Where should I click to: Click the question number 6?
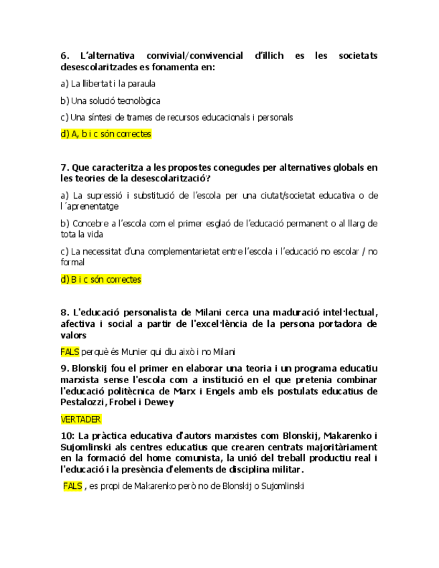point(64,56)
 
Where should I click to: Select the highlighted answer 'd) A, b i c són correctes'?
point(106,134)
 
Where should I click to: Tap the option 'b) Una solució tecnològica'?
point(110,100)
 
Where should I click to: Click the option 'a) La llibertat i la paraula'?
point(108,84)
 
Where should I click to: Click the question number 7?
point(64,167)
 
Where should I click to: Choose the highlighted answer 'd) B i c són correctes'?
point(101,279)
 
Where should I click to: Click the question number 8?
point(64,312)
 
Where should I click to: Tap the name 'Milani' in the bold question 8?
point(210,312)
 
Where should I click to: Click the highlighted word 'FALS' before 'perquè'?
point(70,352)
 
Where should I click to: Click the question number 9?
point(64,368)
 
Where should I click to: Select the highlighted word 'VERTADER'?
point(80,419)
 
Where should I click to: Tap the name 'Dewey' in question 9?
point(160,403)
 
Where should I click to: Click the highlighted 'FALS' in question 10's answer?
point(73,486)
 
